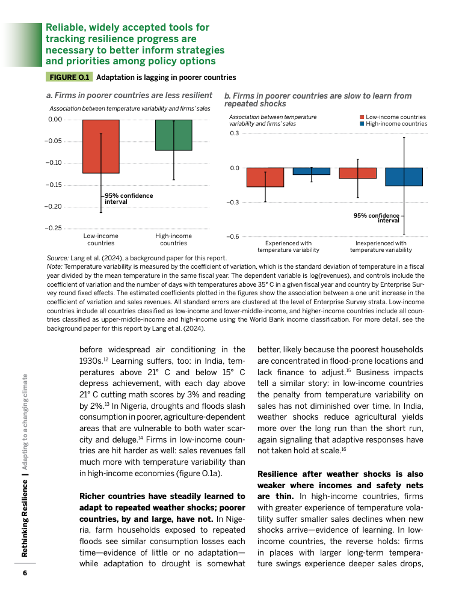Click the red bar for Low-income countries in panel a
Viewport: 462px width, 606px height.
(100, 146)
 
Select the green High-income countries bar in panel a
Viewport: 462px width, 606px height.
(173, 135)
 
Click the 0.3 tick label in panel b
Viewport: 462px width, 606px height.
(234, 133)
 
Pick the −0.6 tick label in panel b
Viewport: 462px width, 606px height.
(232, 237)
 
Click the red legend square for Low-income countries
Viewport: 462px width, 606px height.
(362, 117)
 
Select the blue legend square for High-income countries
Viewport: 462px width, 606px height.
(362, 124)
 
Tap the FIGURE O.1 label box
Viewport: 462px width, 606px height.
(69, 78)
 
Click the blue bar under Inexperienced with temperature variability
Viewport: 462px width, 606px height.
(404, 177)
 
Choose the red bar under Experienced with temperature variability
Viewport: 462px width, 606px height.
(265, 177)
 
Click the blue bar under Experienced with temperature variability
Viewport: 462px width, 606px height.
(311, 171)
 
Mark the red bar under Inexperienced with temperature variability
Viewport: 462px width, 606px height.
(357, 173)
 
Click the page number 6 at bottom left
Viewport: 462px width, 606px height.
(25, 573)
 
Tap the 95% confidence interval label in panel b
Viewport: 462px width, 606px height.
(377, 218)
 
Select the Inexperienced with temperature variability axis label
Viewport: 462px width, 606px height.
(381, 246)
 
